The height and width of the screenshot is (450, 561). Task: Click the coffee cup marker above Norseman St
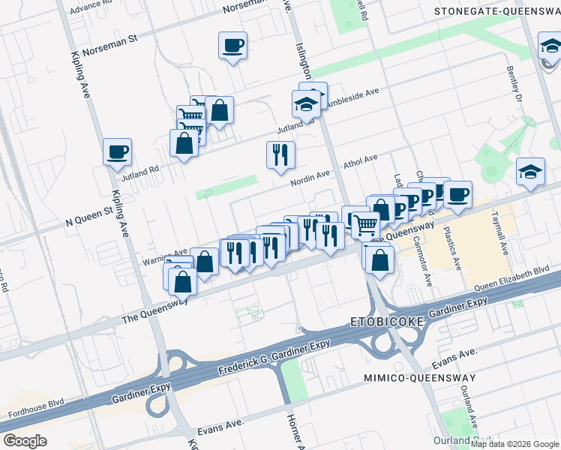pyautogui.click(x=233, y=46)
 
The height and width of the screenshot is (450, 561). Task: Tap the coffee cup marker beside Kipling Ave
pyautogui.click(x=118, y=152)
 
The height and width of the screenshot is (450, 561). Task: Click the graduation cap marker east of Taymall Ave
pyautogui.click(x=530, y=171)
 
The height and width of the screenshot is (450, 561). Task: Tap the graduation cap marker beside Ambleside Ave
pyautogui.click(x=306, y=105)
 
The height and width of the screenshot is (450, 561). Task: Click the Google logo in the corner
pyautogui.click(x=25, y=441)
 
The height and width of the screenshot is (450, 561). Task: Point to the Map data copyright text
pyautogui.click(x=514, y=444)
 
